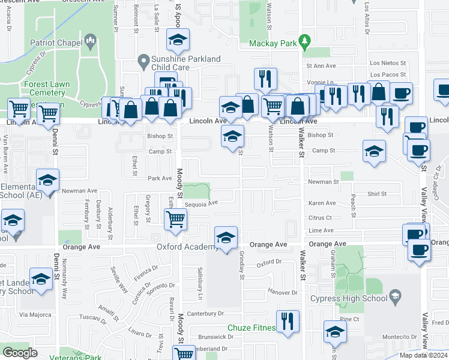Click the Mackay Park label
tap(274, 43)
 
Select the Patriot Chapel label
tap(57, 43)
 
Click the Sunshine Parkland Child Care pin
tap(143, 61)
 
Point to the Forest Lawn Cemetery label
tap(44, 89)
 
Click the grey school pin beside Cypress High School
tap(395, 295)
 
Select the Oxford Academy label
tap(186, 247)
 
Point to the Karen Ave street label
tap(322, 203)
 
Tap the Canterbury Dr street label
tap(205, 313)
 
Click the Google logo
tap(20, 352)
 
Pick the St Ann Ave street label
tap(321, 65)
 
